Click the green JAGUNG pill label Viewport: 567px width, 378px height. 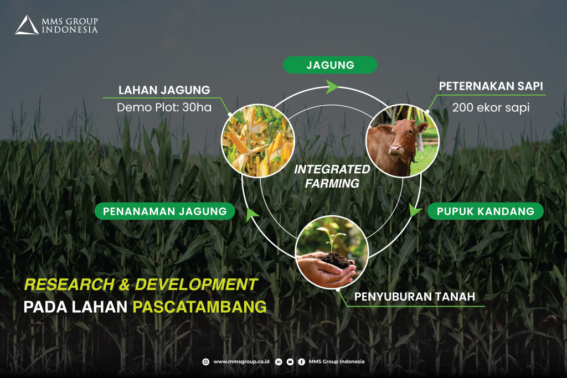click(330, 65)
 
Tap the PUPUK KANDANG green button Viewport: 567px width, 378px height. click(485, 211)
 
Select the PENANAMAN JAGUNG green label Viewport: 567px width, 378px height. click(165, 211)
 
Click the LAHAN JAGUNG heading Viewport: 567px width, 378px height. click(164, 90)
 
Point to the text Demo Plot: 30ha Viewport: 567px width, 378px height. click(164, 107)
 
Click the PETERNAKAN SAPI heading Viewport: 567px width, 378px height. click(491, 86)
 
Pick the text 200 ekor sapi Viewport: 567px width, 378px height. click(491, 107)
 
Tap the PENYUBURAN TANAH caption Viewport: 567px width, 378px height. click(414, 297)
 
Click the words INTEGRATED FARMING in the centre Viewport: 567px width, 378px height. click(332, 177)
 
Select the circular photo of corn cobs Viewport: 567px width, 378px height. click(258, 141)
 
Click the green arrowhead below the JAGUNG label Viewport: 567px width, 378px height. click(331, 87)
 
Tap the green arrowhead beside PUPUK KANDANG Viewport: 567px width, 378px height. click(415, 210)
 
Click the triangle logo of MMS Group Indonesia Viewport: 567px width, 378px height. click(27, 25)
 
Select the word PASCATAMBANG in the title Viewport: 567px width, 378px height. click(199, 307)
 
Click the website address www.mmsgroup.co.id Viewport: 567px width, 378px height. click(241, 361)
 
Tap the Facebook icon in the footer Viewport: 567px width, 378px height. click(302, 362)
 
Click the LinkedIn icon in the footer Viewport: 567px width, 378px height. click(279, 362)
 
